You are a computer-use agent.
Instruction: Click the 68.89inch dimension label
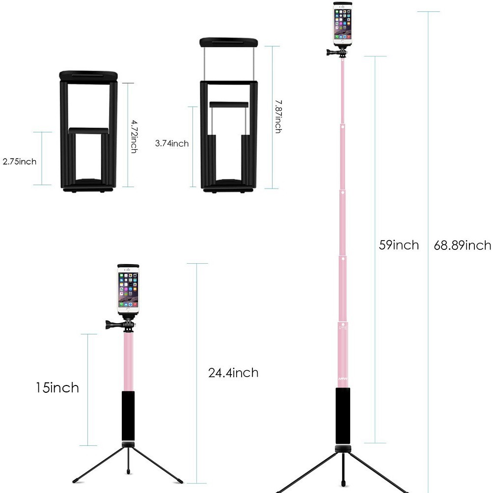click(462, 245)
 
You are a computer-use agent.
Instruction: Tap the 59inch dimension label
click(399, 245)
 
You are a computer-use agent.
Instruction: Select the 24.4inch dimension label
click(233, 373)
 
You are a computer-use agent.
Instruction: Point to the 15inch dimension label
click(57, 387)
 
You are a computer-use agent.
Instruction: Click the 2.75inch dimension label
click(20, 162)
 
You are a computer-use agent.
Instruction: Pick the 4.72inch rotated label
click(134, 137)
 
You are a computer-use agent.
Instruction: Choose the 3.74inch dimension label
click(172, 143)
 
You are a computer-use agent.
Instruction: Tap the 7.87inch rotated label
click(278, 117)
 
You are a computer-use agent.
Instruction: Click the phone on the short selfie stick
click(128, 290)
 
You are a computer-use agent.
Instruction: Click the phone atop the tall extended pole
click(343, 25)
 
